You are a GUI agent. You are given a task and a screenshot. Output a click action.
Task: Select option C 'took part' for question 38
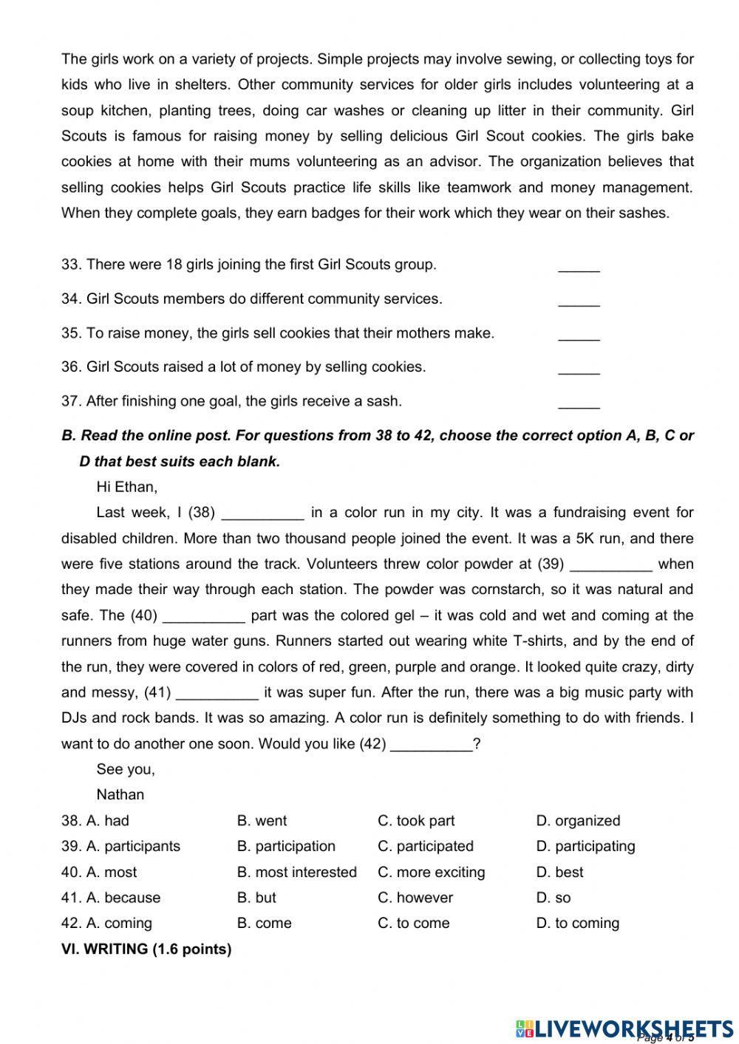[x=416, y=821]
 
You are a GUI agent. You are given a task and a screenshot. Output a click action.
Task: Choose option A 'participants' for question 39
[x=133, y=846]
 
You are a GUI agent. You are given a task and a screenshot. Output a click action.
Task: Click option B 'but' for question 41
[x=256, y=898]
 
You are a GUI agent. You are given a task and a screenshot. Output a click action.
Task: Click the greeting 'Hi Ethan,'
[x=126, y=487]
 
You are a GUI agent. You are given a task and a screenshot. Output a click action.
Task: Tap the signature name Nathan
[x=120, y=794]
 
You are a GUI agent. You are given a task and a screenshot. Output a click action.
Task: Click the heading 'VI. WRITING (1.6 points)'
[x=146, y=949]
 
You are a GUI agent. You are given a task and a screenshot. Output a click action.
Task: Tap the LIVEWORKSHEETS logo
[x=624, y=1028]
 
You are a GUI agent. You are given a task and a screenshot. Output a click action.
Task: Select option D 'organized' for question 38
[x=578, y=821]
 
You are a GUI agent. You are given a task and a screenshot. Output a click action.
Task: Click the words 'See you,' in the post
[x=126, y=769]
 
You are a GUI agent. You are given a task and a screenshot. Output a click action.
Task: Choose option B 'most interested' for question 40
[x=296, y=872]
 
